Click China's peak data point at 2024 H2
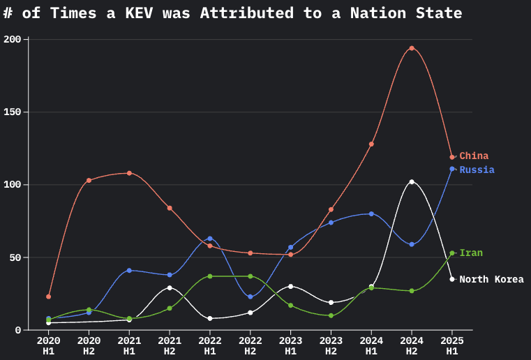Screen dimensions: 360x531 point(412,48)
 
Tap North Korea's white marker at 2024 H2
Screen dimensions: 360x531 point(412,181)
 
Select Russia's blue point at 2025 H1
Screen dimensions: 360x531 point(452,169)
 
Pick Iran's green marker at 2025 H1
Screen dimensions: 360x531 point(452,253)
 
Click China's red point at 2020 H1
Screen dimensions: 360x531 point(48,297)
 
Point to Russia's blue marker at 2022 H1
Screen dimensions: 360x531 point(210,239)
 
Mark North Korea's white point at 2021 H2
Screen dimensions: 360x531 point(170,287)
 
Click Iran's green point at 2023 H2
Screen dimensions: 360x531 point(331,315)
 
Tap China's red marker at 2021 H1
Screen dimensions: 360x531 point(129,173)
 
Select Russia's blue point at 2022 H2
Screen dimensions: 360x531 point(250,297)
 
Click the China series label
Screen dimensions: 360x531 point(474,156)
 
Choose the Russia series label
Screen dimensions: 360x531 point(477,170)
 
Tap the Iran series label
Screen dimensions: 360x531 point(471,253)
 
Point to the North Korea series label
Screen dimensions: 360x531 point(491,279)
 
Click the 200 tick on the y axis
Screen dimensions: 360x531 point(14,40)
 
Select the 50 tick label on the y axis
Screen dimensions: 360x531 point(17,257)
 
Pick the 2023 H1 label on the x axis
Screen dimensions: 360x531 point(290,345)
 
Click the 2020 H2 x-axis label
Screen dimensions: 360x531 point(89,345)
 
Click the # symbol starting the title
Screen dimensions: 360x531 point(8,13)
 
